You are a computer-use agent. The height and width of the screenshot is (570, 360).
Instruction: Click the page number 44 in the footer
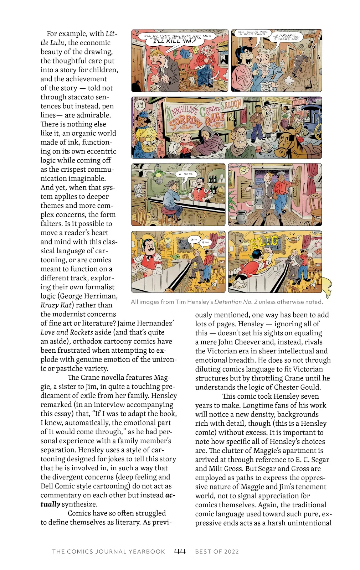[180, 551]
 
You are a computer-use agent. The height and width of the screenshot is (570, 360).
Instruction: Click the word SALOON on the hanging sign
[232, 105]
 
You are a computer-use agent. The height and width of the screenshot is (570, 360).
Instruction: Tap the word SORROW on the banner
[185, 123]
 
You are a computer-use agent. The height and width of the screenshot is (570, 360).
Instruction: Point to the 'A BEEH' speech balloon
[188, 174]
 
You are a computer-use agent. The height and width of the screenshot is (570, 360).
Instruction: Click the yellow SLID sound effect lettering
[264, 244]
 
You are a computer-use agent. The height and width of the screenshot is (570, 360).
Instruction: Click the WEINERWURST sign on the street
[279, 101]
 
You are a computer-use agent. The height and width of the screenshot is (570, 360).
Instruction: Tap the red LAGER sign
[299, 102]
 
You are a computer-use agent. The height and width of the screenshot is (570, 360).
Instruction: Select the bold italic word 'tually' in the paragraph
[50, 504]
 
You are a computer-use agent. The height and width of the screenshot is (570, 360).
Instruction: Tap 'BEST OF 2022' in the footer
[217, 551]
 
